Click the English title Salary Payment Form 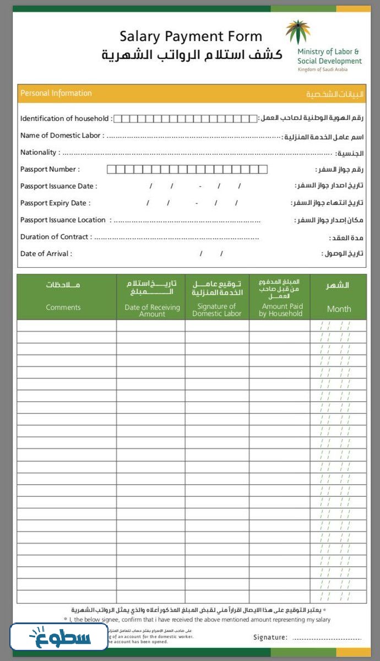tap(191, 37)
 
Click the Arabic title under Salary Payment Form tap(192, 55)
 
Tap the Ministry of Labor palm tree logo tap(297, 32)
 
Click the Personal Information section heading tap(56, 93)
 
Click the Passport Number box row tap(187, 169)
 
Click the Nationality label tap(39, 153)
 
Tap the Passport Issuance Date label tap(58, 186)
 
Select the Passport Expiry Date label tap(55, 203)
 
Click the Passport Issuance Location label tap(63, 220)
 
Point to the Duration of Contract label tap(55, 237)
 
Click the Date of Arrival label tap(46, 254)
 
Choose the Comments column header tap(63, 307)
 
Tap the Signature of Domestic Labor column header tap(216, 310)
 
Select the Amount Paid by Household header tap(281, 310)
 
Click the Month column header tap(339, 308)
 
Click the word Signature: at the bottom tap(270, 637)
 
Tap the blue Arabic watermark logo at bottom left tap(58, 637)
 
